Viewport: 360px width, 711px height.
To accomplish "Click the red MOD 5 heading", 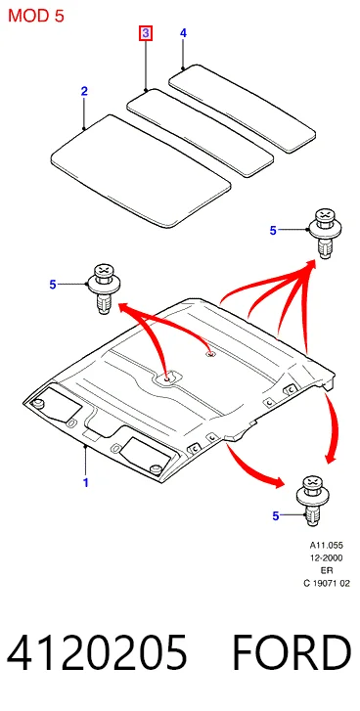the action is coord(36,16).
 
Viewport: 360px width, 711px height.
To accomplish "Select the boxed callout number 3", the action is coord(146,33).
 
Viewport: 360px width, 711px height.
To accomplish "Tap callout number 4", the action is coord(183,32).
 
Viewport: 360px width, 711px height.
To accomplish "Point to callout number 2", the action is coord(84,91).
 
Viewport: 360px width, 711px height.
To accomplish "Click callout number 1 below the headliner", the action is coord(85,482).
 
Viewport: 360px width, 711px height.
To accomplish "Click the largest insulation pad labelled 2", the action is coord(141,170).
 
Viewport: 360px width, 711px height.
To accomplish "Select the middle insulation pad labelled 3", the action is coord(200,133).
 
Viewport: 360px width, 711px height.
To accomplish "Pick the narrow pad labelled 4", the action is coord(242,108).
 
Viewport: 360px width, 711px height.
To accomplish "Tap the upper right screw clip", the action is coord(324,232).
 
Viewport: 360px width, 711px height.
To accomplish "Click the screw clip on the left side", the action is coord(105,288).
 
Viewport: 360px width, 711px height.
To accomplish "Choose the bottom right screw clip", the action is coord(312,500).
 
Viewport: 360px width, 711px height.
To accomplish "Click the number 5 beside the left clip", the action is coord(53,285).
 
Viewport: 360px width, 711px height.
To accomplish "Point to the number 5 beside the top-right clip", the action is coord(273,231).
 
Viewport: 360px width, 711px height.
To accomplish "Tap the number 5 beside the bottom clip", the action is coord(276,515).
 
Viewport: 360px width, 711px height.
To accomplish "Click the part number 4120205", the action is coord(97,652).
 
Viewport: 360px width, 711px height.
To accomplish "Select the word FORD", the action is coord(292,652).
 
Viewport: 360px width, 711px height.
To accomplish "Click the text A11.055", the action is coord(327,545).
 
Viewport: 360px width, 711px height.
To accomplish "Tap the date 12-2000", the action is coord(327,557).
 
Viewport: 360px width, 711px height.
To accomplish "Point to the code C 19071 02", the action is coord(327,584).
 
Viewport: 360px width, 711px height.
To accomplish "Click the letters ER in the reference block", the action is coord(327,570).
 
